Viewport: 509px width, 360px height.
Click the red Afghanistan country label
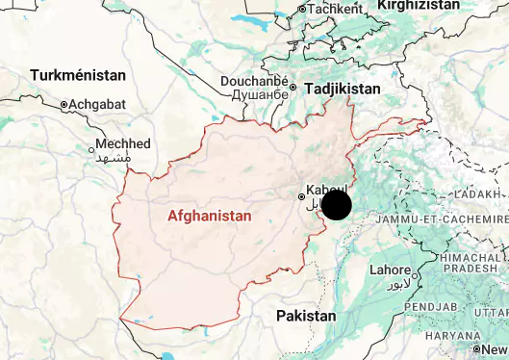pyautogui.click(x=209, y=216)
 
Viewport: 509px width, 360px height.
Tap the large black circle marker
pyautogui.click(x=336, y=205)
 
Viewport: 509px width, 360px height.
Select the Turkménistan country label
pyautogui.click(x=78, y=75)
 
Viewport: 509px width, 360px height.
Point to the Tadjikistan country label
pyautogui.click(x=343, y=89)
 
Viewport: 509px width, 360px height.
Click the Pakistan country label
pyautogui.click(x=306, y=316)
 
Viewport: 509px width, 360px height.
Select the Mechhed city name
pyautogui.click(x=123, y=143)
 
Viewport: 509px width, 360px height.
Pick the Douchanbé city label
pyautogui.click(x=254, y=82)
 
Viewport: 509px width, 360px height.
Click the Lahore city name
pyautogui.click(x=391, y=270)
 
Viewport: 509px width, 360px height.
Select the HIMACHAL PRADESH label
pyautogui.click(x=471, y=265)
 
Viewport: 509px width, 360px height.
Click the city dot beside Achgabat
pyautogui.click(x=64, y=104)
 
